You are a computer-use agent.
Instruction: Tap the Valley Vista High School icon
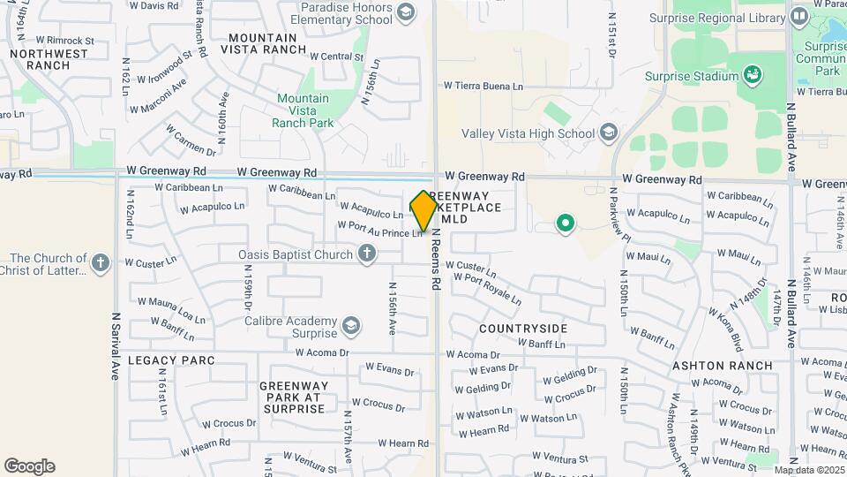608,133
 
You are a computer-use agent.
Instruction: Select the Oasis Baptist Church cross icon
367,254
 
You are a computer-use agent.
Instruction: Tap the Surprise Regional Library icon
798,16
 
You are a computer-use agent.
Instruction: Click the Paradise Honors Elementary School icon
405,11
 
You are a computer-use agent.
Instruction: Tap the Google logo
29,466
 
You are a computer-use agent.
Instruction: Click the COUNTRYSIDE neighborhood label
523,329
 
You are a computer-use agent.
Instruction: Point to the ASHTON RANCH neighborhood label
723,366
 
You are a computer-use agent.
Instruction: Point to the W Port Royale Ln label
488,289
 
